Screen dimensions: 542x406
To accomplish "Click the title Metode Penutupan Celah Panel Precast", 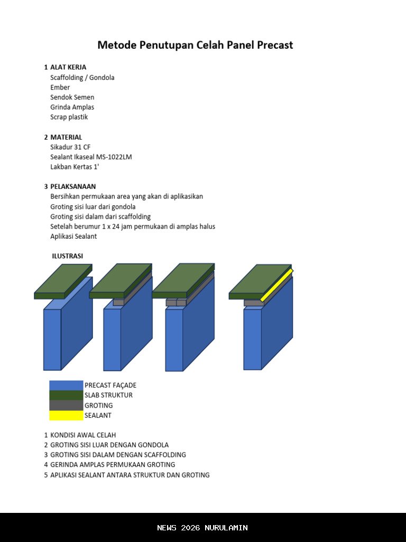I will tap(195, 45).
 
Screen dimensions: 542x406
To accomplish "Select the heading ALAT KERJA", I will tap(68, 67).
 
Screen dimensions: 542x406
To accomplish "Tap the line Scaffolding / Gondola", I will tap(82, 77).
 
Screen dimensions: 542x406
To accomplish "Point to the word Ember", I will tap(60, 87).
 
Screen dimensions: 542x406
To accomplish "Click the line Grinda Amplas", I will tap(72, 107).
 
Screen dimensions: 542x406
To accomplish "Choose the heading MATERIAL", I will tap(66, 137).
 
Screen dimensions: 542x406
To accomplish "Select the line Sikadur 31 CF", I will tap(70, 147).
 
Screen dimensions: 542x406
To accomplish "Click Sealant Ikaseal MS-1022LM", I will tap(91, 157).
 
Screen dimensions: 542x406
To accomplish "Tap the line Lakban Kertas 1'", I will tap(75, 167).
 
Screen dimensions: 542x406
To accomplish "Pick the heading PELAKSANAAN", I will tap(73, 186).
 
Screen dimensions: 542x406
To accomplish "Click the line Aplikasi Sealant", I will tap(73, 236).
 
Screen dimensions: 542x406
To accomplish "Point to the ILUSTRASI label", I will tap(67, 256).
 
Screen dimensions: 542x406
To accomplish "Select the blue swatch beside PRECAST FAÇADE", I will tap(66, 385).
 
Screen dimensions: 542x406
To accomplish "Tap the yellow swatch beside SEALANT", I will tap(66, 415).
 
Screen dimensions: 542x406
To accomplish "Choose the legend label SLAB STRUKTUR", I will tap(108, 395).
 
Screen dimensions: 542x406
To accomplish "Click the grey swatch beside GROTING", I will tap(66, 405).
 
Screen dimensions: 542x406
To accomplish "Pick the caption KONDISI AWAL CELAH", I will tap(83, 435).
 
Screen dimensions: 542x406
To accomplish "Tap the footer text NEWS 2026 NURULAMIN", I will tap(202, 528).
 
